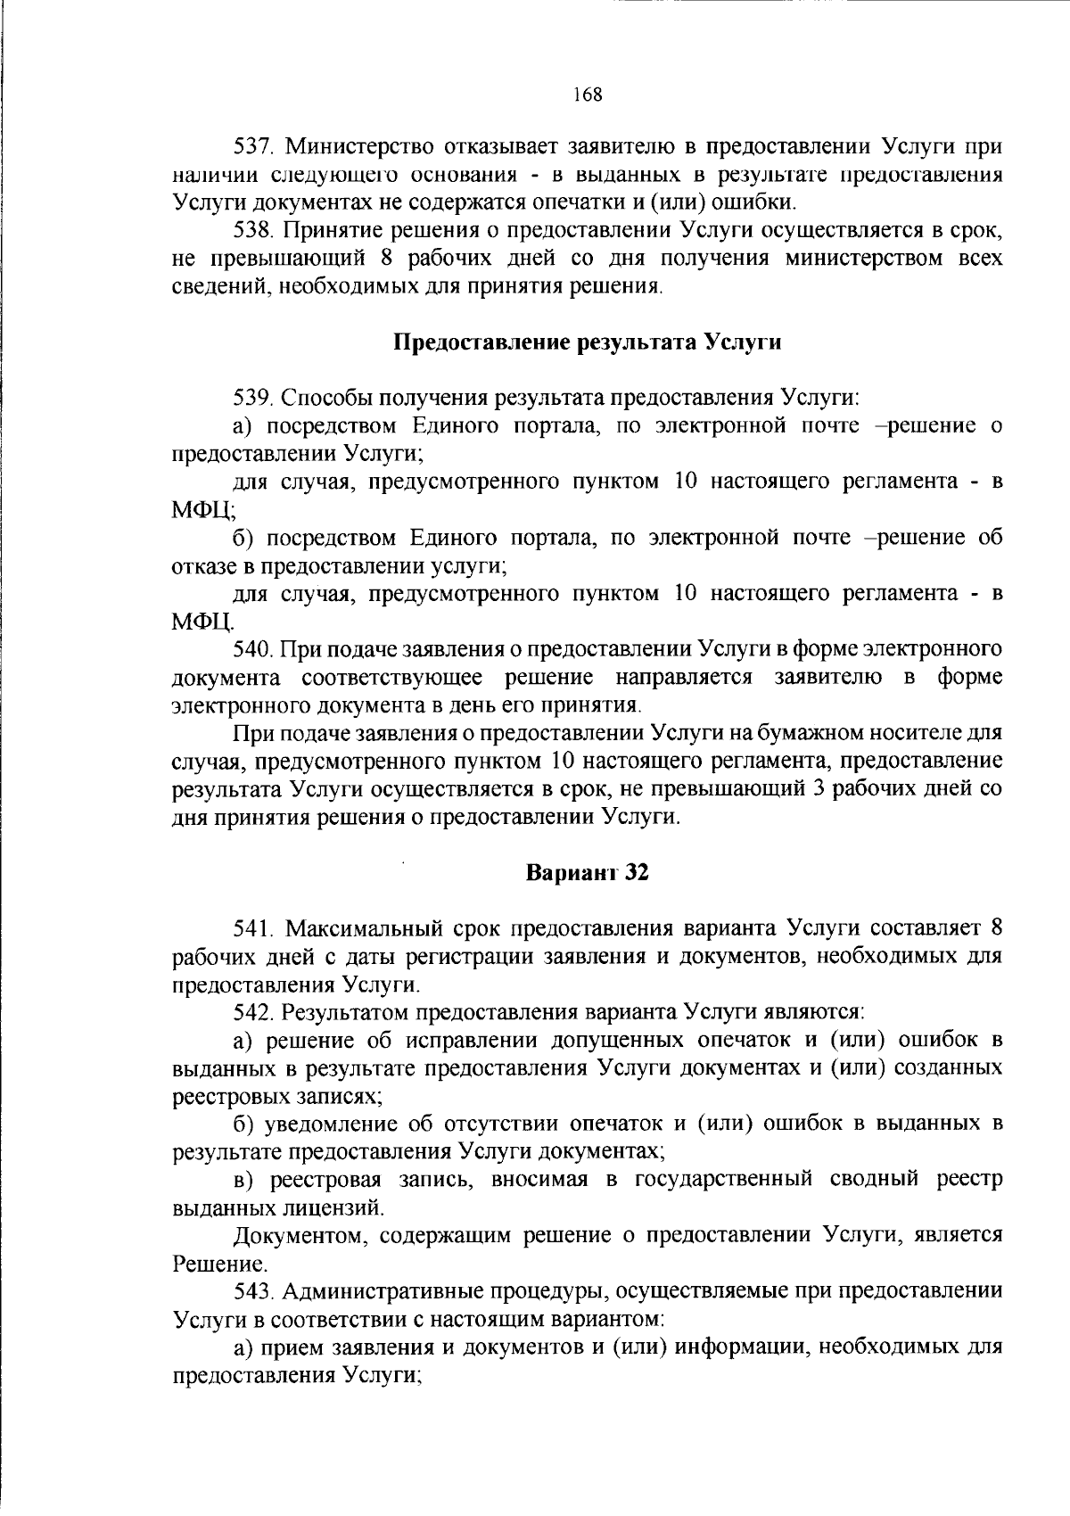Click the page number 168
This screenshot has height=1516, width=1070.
[x=588, y=94]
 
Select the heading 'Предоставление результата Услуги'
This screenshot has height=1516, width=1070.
[x=588, y=342]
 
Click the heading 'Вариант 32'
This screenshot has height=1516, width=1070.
[x=587, y=872]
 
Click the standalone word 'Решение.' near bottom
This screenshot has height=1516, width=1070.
[x=207, y=1264]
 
